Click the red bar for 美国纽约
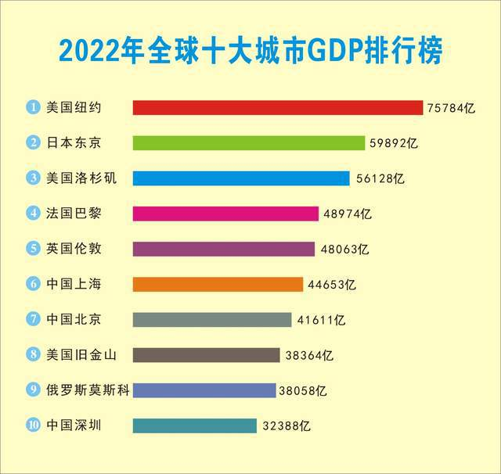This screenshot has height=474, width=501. coord(278,107)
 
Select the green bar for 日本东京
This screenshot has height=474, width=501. coord(249,142)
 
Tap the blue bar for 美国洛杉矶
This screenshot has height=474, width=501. coord(241,178)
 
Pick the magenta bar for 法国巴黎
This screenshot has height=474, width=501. coord(225,214)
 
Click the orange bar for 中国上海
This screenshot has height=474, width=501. coord(218,284)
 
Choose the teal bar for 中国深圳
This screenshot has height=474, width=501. coord(195,426)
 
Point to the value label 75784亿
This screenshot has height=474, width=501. coord(451,108)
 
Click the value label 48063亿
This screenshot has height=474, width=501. coord(344,250)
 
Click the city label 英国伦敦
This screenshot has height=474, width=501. coord(74,249)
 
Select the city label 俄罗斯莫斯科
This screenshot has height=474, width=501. coord(81,390)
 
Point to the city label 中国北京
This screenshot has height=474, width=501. coord(74,319)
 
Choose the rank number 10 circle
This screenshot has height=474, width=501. coord(34,426)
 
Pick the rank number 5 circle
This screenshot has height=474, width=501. coord(34,249)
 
